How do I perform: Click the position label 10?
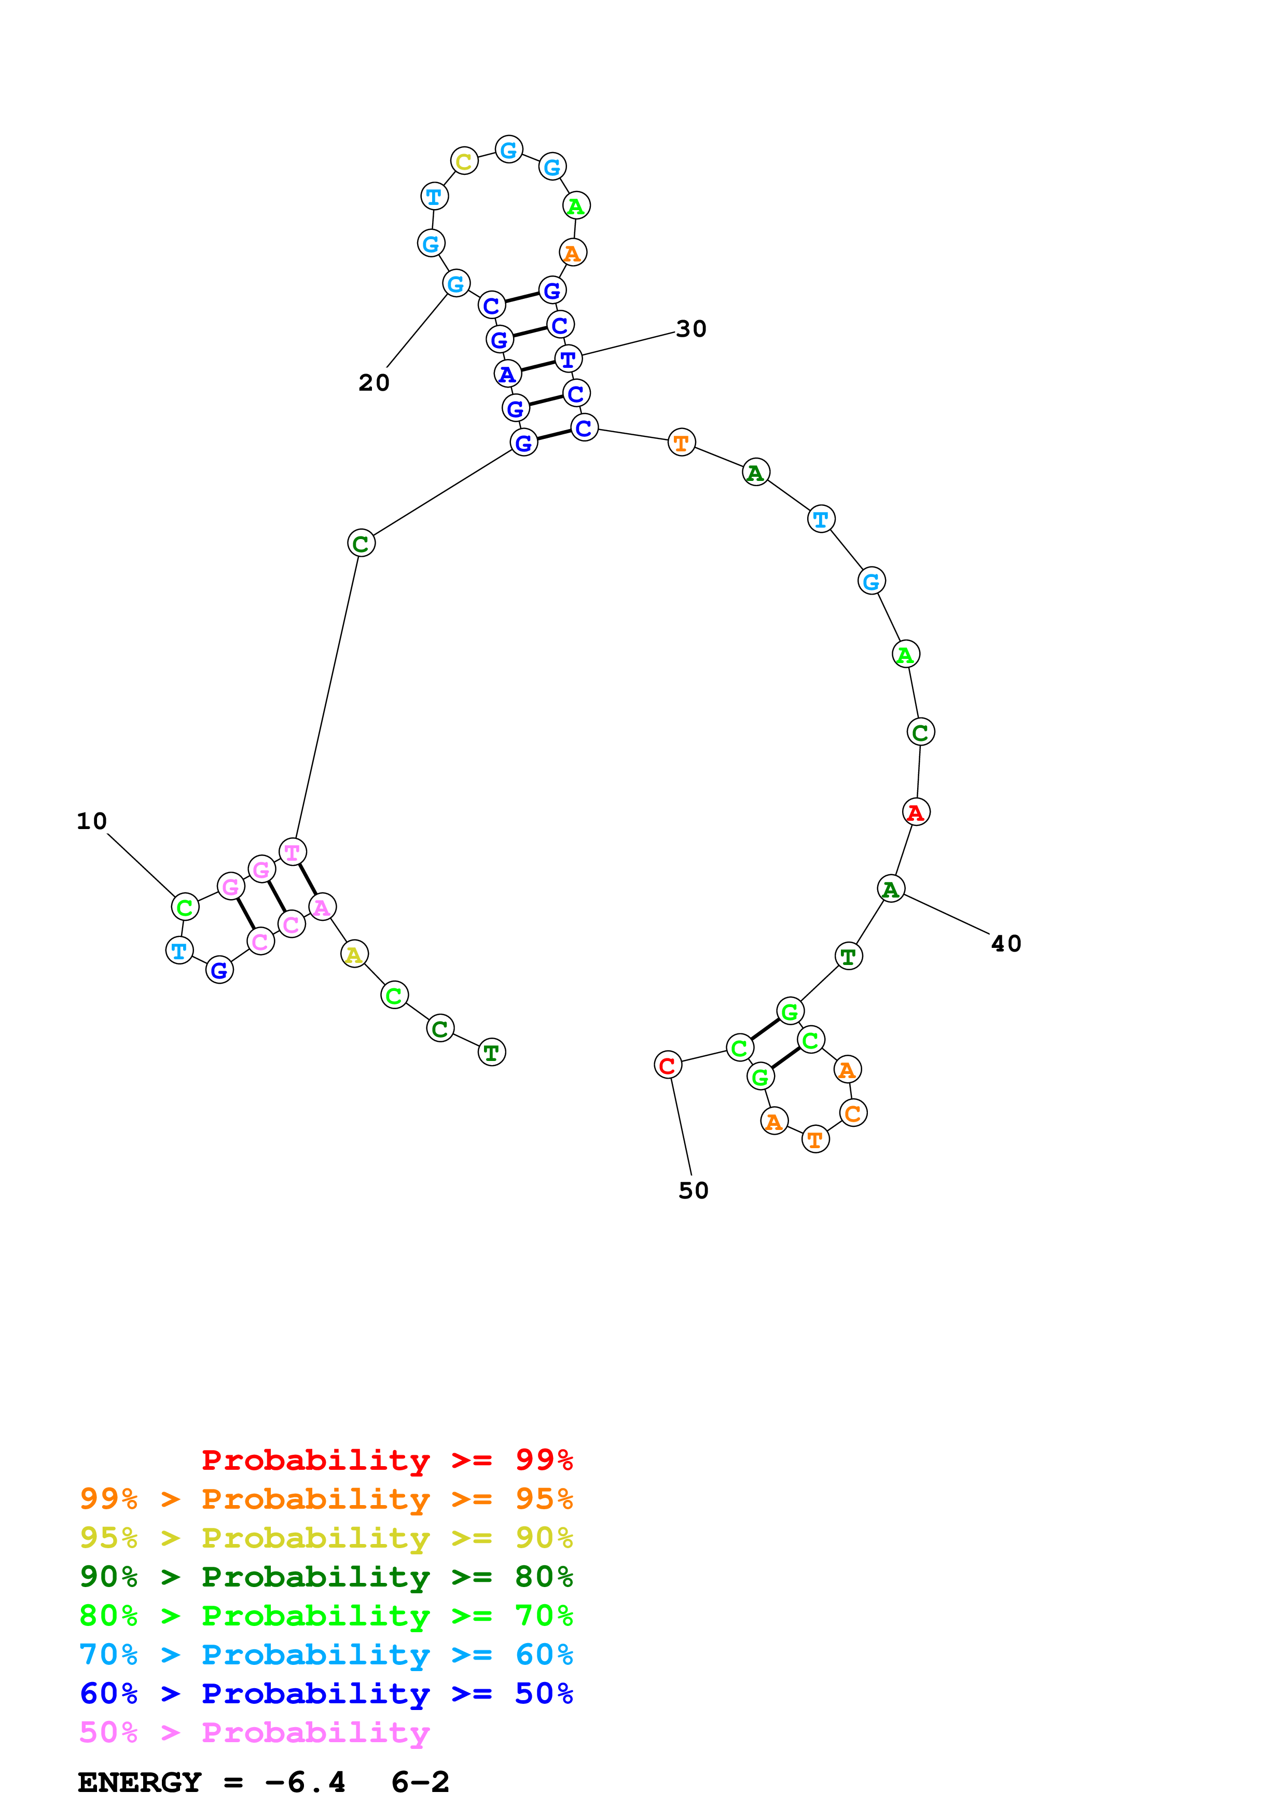point(92,821)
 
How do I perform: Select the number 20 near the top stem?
point(374,383)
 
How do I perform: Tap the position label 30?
point(691,329)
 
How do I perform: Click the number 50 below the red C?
point(693,1191)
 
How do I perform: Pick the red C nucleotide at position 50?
point(668,1065)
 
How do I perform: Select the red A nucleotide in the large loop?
point(916,812)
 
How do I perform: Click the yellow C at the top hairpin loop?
point(464,162)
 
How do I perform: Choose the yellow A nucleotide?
point(354,955)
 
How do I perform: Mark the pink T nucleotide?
point(293,852)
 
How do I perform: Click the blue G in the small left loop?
point(219,970)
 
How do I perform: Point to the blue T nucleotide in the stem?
point(568,359)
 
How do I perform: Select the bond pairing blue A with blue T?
point(538,366)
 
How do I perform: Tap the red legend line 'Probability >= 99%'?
point(386,1460)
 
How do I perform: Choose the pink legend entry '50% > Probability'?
point(254,1733)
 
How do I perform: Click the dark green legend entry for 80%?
point(326,1577)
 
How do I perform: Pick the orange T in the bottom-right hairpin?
point(815,1140)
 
